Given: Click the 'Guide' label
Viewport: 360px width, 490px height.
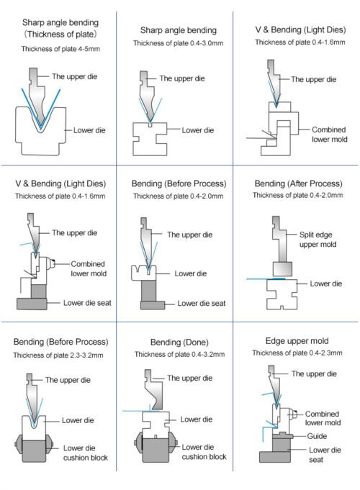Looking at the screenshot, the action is point(317,436).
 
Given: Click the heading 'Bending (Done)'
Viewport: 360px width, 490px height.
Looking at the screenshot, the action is point(179,342).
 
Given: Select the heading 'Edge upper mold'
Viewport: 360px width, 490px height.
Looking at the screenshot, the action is point(297,341).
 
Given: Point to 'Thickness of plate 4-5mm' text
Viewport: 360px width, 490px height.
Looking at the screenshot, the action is point(60,49).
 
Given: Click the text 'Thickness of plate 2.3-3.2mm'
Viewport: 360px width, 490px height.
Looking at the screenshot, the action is point(58,355).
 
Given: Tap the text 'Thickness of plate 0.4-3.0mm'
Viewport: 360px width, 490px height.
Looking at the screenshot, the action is point(179,43).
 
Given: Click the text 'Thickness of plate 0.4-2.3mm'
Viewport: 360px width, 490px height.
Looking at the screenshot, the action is point(297,353).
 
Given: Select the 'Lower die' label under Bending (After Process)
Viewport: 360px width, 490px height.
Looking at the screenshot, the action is point(326,283).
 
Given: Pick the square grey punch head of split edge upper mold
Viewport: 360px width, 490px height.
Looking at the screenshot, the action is point(282,269).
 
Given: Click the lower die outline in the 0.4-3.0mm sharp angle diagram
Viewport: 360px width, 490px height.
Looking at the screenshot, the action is point(150,139).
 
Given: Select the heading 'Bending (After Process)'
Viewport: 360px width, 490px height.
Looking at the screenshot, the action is point(298,183).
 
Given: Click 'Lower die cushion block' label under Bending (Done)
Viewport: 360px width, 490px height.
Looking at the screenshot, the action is point(204,452).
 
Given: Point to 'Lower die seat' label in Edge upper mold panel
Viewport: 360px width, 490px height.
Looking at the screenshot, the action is point(325,455).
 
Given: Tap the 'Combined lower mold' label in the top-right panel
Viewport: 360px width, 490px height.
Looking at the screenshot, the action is point(329,135).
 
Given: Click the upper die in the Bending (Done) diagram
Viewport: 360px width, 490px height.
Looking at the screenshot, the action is point(155,390).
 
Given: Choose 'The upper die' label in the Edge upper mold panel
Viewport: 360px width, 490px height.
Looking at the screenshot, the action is point(314,373).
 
